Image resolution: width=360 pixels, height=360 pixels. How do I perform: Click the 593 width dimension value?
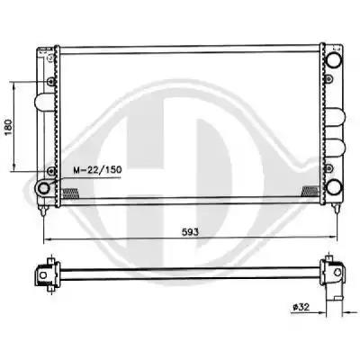(190, 232)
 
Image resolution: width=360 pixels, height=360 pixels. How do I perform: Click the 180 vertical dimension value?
(9, 127)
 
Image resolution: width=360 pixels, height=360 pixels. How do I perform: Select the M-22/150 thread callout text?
(98, 170)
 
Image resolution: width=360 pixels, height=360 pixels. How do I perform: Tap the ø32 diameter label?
(301, 307)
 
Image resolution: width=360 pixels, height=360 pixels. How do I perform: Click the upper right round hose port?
(334, 59)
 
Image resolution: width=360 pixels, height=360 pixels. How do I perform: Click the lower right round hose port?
(334, 187)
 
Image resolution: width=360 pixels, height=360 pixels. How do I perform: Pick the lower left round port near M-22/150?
(44, 188)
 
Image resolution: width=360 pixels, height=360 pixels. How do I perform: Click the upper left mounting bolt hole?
(51, 81)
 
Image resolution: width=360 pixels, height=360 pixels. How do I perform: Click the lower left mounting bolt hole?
(51, 171)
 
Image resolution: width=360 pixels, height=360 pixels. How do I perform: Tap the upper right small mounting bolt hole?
(329, 79)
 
